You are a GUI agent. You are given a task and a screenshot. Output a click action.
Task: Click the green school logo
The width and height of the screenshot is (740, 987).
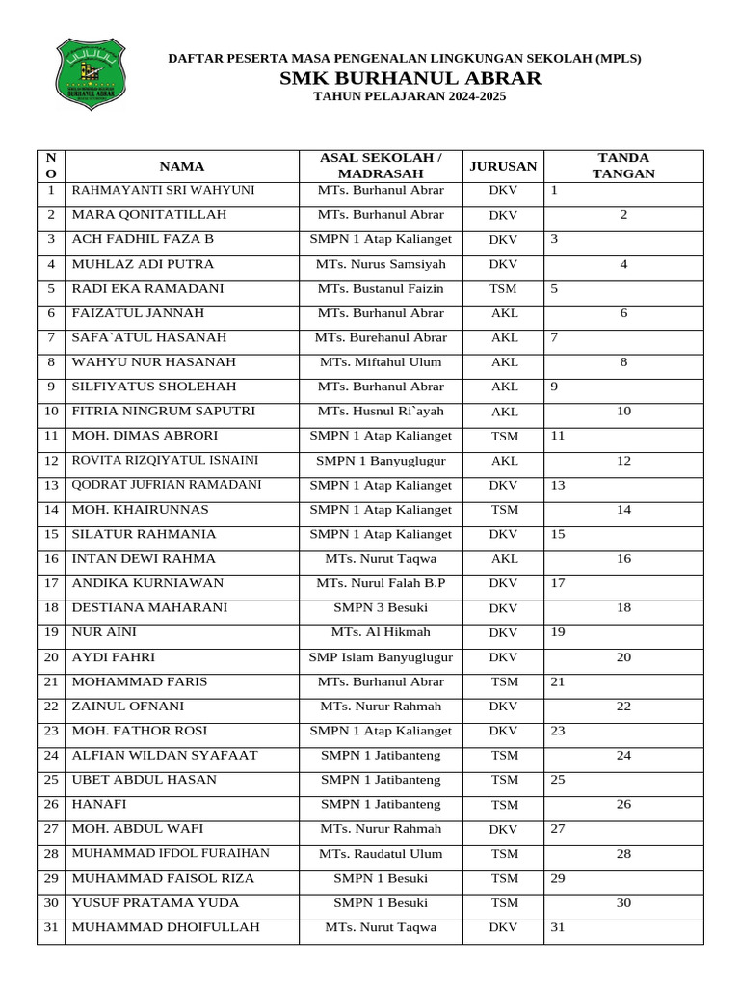tap(91, 73)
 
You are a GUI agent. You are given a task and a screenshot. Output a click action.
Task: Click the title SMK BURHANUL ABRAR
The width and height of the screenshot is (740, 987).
tap(410, 78)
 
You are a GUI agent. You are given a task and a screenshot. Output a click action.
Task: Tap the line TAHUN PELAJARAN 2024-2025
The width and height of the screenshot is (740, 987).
tap(410, 97)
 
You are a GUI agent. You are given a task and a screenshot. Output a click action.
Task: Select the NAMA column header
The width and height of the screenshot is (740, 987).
tap(181, 166)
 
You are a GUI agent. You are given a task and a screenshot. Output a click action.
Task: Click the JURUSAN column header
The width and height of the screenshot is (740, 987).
tap(503, 166)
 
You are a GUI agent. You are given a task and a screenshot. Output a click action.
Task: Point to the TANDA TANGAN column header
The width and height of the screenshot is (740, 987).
tap(623, 166)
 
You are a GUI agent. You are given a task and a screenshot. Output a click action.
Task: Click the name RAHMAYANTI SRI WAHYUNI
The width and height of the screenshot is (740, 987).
tap(163, 191)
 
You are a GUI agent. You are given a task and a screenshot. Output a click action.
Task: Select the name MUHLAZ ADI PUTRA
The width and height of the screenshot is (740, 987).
tap(144, 264)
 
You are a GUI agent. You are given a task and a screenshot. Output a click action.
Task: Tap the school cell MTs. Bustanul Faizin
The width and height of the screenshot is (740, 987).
tap(381, 289)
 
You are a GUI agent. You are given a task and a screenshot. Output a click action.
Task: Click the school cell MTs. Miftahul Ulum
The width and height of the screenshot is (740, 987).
tap(381, 362)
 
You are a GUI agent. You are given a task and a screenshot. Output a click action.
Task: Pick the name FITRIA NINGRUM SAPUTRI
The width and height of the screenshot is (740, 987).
tap(164, 412)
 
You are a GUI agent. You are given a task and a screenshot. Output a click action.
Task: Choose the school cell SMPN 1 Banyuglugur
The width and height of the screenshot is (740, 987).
tap(381, 461)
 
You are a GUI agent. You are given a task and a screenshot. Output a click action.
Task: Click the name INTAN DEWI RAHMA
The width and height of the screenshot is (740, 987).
tap(145, 559)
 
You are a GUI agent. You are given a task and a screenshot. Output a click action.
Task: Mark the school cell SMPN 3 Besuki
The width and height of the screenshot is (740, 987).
tap(381, 608)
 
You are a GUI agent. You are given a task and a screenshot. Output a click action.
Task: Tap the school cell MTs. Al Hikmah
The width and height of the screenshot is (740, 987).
tap(381, 633)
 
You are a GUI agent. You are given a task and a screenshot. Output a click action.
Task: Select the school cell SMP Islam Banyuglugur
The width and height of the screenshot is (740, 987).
tap(381, 658)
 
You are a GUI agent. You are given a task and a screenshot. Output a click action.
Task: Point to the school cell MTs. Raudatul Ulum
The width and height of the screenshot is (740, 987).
tap(381, 854)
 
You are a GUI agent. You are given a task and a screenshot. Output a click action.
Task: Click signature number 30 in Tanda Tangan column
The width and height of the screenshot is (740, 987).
tap(623, 903)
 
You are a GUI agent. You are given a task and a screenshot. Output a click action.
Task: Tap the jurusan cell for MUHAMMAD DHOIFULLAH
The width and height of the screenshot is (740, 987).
tap(503, 928)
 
